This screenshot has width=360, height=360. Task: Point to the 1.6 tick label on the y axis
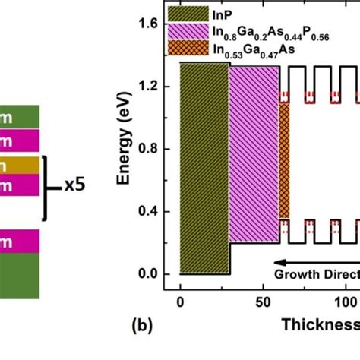[x=148, y=25]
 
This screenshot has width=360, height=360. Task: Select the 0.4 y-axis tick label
[x=148, y=212]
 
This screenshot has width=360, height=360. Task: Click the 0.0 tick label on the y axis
[x=148, y=274]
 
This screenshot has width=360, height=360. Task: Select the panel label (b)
[x=142, y=327]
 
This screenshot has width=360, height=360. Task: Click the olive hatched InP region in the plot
[x=204, y=167]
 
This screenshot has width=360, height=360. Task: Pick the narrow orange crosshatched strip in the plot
[x=284, y=159]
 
